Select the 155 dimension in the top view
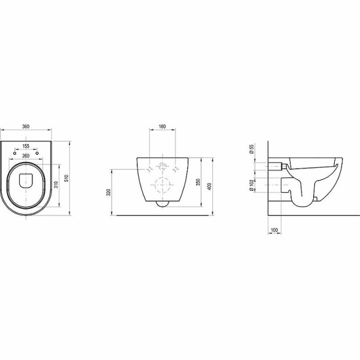(26, 146)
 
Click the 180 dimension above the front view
(162, 128)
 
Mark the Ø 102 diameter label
(252, 185)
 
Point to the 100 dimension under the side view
(274, 230)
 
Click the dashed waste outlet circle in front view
(162, 187)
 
